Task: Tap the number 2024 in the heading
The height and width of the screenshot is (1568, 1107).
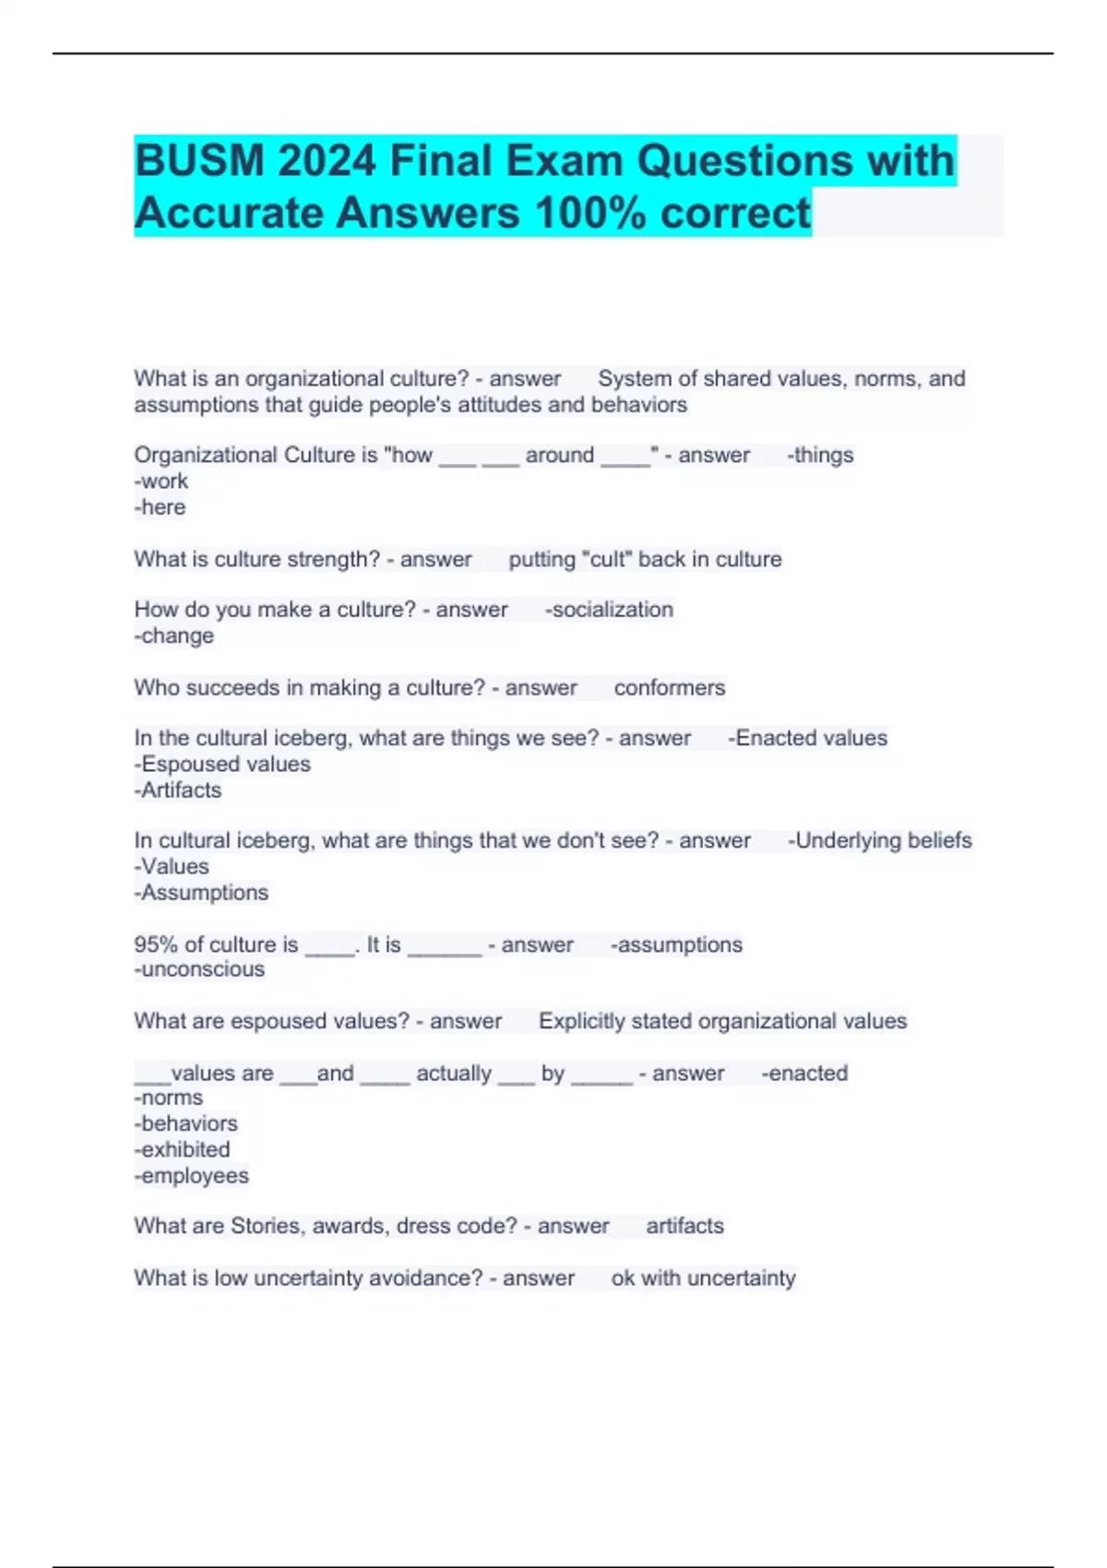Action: (327, 161)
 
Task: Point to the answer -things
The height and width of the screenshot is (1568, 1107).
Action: (820, 455)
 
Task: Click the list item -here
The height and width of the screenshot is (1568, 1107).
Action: (160, 507)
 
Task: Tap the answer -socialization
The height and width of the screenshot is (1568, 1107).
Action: (609, 610)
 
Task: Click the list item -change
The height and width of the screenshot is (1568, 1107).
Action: (174, 636)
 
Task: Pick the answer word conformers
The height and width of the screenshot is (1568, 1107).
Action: (670, 688)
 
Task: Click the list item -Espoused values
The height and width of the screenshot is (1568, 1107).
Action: (222, 764)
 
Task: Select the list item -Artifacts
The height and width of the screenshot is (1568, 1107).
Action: (178, 790)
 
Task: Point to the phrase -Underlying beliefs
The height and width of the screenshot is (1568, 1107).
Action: (880, 840)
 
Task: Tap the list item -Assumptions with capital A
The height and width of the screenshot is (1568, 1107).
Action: (201, 893)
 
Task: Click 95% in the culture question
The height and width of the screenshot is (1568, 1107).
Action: (156, 944)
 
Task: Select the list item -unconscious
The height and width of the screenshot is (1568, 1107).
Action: (199, 969)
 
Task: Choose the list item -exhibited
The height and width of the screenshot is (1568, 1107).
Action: (183, 1150)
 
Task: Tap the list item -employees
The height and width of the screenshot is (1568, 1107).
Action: (192, 1176)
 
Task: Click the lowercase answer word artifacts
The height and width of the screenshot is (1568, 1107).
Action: (684, 1226)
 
